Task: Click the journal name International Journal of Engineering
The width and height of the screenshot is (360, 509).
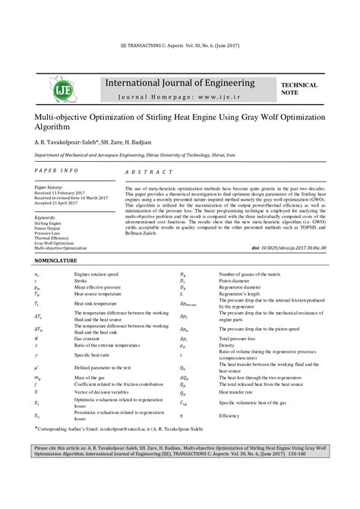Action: (180, 81)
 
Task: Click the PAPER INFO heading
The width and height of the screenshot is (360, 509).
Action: (56, 170)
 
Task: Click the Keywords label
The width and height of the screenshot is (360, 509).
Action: (46, 217)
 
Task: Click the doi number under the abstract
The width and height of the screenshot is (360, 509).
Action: (293, 248)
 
